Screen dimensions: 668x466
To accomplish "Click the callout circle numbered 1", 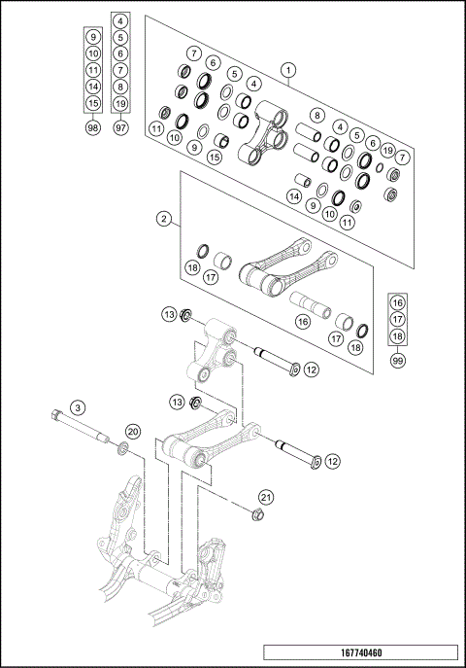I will (x=287, y=70).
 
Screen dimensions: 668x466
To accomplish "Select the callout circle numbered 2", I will (x=164, y=219).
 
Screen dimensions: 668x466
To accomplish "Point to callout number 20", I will (x=132, y=431).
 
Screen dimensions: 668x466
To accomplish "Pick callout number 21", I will (x=266, y=497).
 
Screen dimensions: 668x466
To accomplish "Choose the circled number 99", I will (x=398, y=359).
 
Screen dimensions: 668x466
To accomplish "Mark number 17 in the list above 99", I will (x=398, y=317).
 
